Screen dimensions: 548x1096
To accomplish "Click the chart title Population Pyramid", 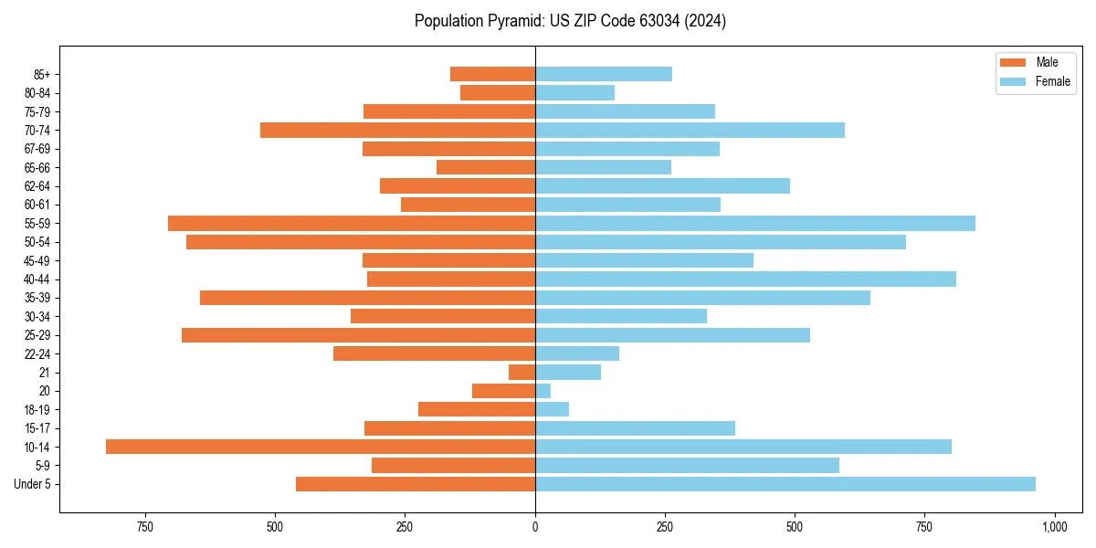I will point(570,21).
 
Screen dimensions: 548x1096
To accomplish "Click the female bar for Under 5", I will point(785,484).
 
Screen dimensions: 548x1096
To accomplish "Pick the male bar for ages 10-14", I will point(321,447).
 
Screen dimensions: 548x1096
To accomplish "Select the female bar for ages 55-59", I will point(754,223).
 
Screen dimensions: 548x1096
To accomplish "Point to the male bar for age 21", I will point(522,372).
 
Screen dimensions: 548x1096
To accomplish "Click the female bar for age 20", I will point(543,391).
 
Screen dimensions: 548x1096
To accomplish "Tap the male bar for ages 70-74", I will point(397,130).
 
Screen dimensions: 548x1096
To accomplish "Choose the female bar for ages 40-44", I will point(745,279).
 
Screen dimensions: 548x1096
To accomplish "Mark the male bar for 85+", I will point(492,74).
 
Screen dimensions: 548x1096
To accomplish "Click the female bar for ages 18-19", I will point(552,409).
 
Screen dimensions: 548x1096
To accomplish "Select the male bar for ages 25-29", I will point(358,335).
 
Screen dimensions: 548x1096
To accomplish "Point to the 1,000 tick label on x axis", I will point(1055,527).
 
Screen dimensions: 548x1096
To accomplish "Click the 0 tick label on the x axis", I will point(535,527).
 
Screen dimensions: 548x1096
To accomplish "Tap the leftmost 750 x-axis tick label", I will point(144,527).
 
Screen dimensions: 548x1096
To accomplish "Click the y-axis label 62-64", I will point(37,186).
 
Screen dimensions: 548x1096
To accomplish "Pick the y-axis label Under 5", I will point(32,484).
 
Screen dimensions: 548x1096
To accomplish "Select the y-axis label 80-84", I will point(37,93).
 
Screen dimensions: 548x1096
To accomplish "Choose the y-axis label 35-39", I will point(37,298).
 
